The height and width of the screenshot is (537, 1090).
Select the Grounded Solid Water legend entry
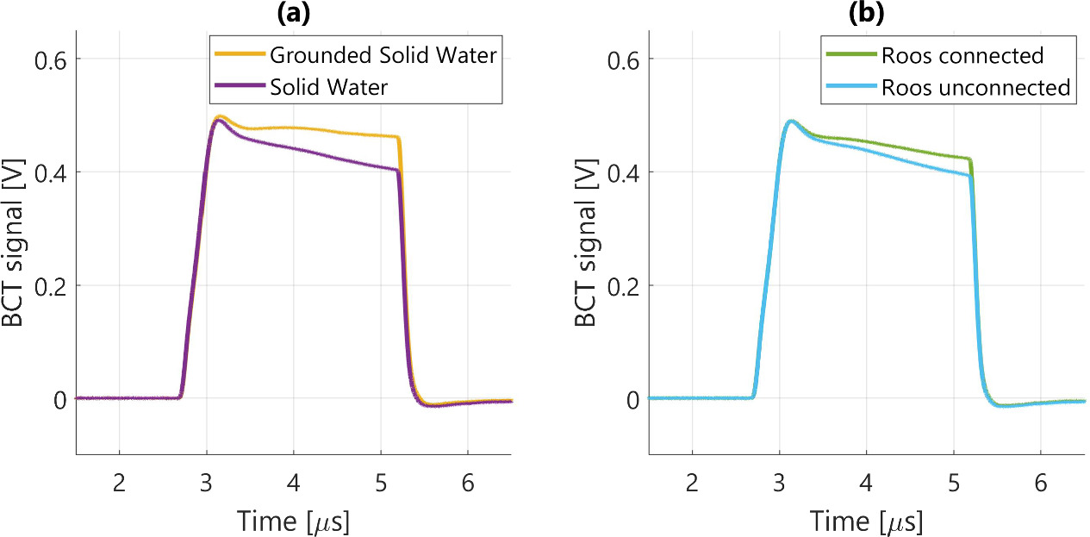tap(383, 56)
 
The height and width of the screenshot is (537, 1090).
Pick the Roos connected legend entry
tap(962, 56)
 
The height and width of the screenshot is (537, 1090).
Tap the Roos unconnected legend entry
tap(975, 87)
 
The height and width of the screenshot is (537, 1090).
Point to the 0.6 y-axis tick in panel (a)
tap(50, 59)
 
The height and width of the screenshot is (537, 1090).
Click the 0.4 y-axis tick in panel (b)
tap(622, 172)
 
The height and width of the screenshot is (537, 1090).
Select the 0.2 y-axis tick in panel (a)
tap(50, 286)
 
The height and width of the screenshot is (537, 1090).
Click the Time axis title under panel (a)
tap(293, 520)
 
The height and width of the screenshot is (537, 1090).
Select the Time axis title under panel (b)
tap(866, 520)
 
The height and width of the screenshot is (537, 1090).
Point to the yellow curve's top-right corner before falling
tap(397, 137)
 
